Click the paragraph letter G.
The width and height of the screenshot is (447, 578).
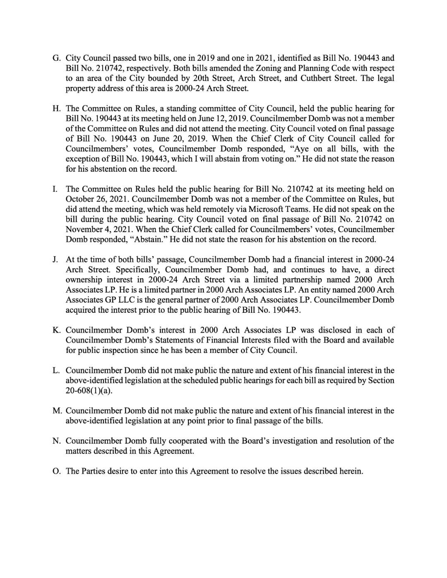[56, 58]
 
